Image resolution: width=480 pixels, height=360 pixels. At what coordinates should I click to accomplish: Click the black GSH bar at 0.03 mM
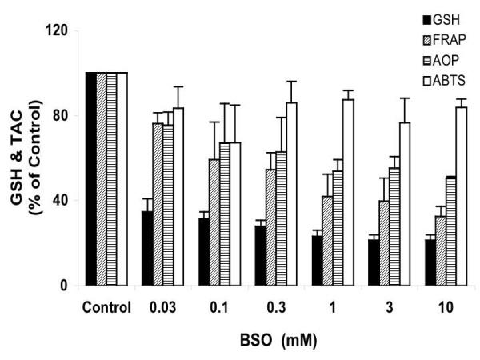click(x=147, y=248)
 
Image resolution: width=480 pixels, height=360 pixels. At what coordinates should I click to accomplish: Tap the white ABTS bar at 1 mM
click(x=347, y=192)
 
